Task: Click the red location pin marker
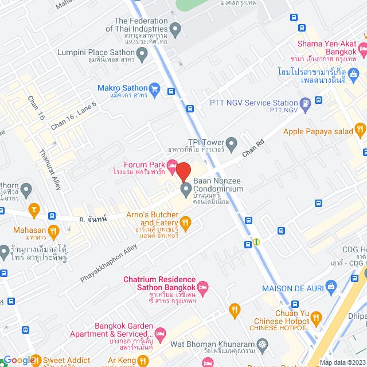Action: tap(183, 171)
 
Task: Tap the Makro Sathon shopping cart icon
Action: tap(154, 88)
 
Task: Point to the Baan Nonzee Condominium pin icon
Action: tap(186, 189)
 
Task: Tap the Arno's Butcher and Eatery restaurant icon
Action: tap(185, 222)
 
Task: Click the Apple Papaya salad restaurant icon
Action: tap(360, 128)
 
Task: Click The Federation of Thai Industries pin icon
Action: tap(176, 28)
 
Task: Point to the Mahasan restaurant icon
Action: tap(53, 231)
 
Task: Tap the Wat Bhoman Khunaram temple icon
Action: tap(263, 345)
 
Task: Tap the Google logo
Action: tap(19, 360)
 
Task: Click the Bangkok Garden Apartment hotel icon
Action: tap(161, 333)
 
